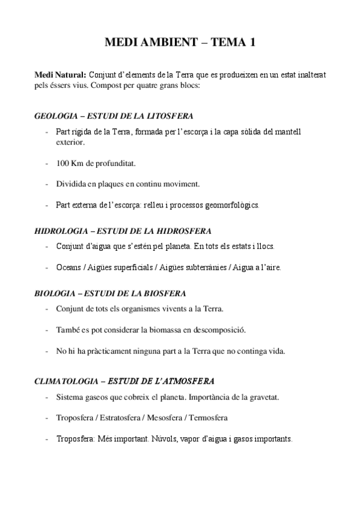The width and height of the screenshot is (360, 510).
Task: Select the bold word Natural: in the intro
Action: coord(70,74)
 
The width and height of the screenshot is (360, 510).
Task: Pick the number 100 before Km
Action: coord(63,163)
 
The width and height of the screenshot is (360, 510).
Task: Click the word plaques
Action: coord(107,183)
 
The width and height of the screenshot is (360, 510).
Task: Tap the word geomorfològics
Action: coord(230,204)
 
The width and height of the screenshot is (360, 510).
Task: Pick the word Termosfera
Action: coord(207,418)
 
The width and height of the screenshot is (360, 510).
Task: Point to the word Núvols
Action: coord(166,439)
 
